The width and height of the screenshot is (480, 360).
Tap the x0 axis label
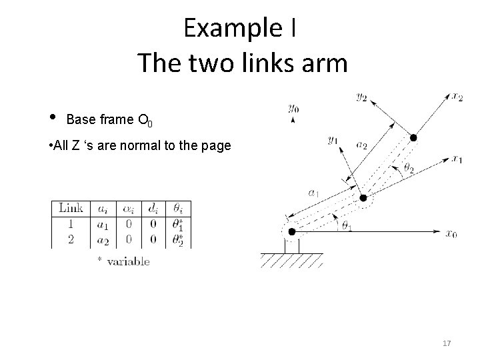click(x=452, y=233)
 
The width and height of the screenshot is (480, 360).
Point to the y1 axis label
click(x=333, y=141)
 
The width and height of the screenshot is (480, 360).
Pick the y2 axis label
click(x=362, y=97)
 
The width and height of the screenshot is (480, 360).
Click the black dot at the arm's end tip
click(x=413, y=138)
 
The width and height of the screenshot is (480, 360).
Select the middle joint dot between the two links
click(x=363, y=198)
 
